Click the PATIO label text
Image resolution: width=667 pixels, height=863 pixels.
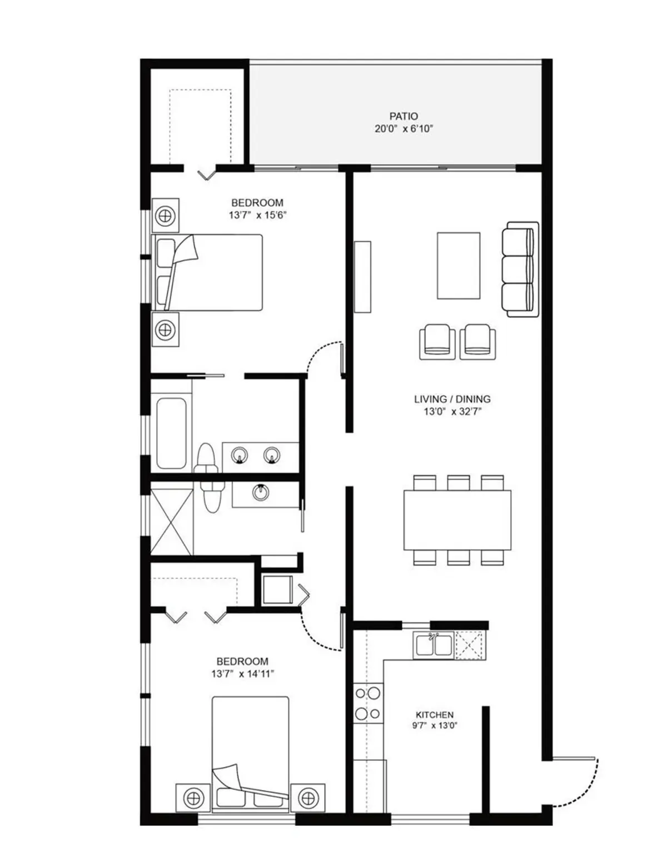click(403, 116)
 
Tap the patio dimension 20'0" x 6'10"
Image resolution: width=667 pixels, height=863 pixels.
click(403, 129)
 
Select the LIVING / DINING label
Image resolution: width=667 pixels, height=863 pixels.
click(452, 399)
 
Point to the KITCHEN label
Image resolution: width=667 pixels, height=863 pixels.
click(434, 715)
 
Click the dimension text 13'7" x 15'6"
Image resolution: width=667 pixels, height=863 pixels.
click(257, 215)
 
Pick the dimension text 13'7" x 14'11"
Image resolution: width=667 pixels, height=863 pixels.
click(243, 674)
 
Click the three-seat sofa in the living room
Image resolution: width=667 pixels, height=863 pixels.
click(520, 270)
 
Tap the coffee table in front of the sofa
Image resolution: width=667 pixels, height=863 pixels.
click(459, 266)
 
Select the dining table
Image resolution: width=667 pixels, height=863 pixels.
click(457, 520)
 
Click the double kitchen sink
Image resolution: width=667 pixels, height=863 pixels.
click(433, 645)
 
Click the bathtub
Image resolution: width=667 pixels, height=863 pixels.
click(171, 433)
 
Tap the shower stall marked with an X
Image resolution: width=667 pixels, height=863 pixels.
click(172, 522)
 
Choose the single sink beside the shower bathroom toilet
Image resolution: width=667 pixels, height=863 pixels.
click(260, 492)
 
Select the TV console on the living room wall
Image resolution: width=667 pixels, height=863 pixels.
click(362, 277)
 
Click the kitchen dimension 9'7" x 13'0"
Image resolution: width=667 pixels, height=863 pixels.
click(435, 726)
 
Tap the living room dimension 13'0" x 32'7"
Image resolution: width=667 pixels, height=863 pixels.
click(452, 411)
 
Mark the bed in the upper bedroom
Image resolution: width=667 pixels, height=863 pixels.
click(207, 272)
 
